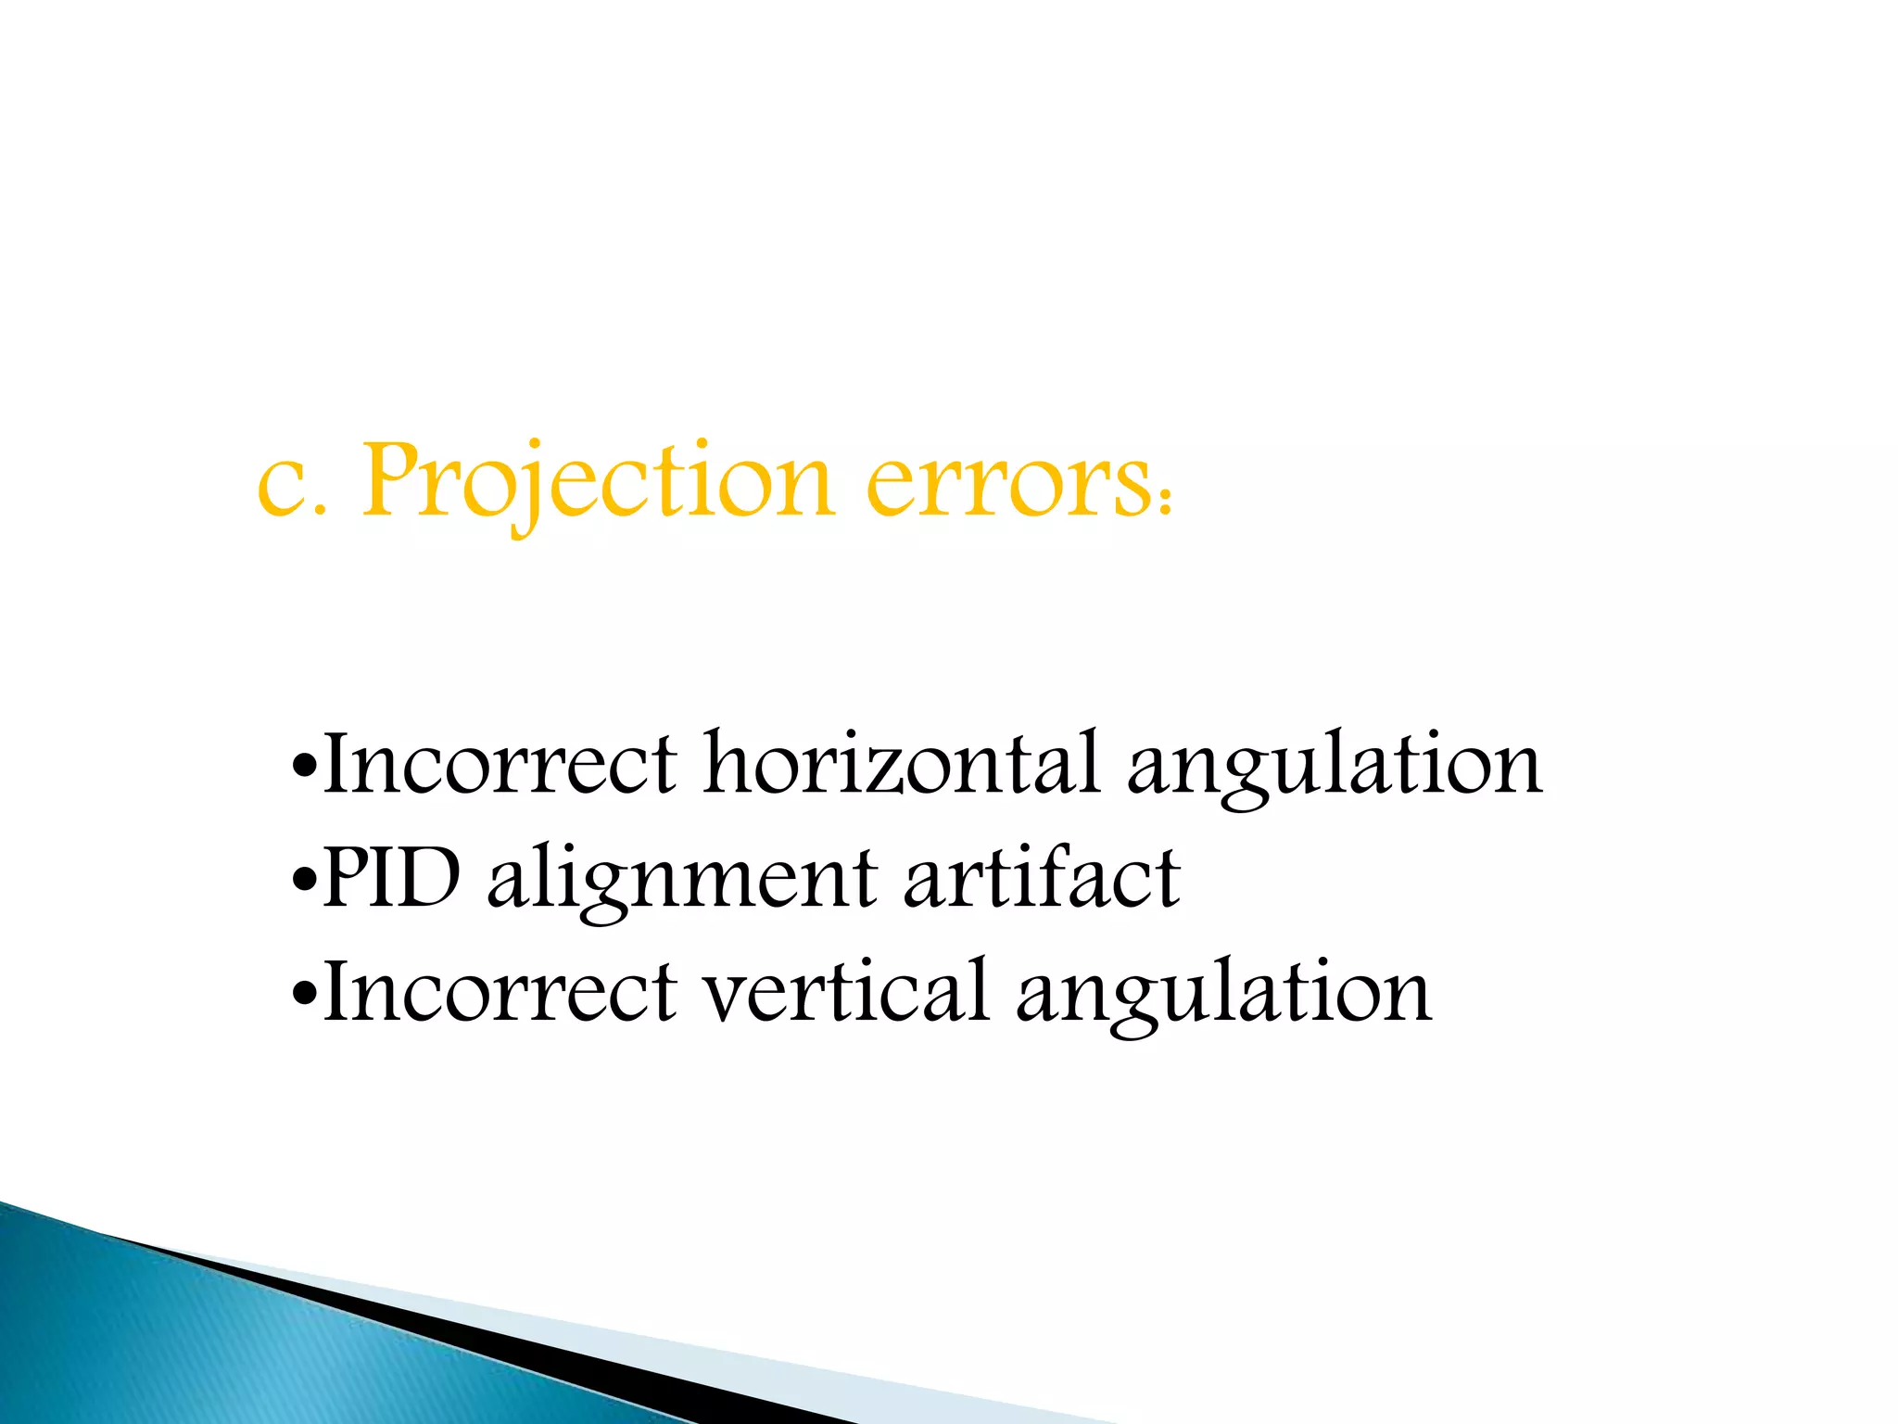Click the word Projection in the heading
(597, 482)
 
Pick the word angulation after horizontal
(1335, 766)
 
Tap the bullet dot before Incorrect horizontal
(303, 768)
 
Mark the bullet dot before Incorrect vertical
(303, 994)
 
